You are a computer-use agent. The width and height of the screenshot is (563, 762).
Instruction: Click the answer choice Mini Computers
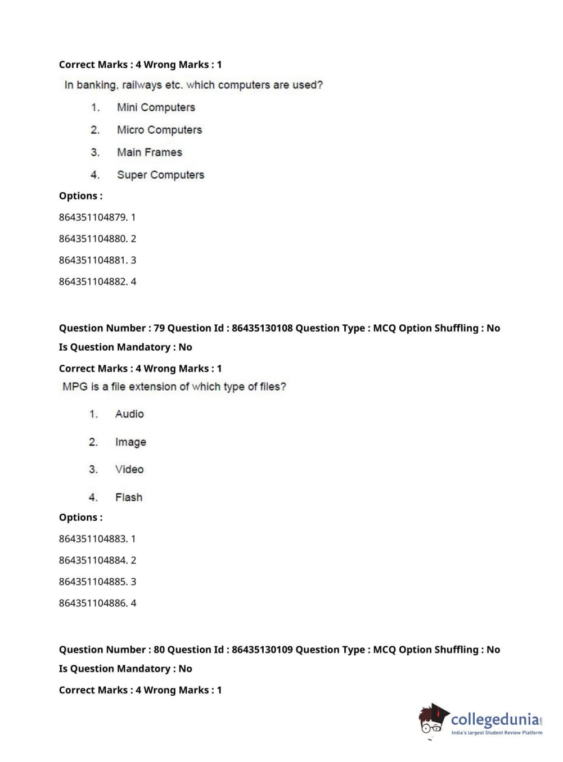point(156,107)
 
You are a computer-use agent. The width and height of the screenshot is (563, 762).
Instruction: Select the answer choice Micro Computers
point(159,130)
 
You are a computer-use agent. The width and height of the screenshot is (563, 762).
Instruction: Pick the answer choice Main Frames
point(150,152)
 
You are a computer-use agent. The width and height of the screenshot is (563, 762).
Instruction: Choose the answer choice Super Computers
point(160,175)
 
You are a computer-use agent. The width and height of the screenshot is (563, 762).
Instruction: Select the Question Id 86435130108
point(262,328)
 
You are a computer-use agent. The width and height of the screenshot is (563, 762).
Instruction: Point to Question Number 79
point(111,328)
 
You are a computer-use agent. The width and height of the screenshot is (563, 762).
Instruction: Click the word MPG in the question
point(75,387)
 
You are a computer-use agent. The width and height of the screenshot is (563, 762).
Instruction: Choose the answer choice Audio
point(129,414)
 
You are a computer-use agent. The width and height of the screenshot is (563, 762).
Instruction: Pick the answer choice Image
point(130,442)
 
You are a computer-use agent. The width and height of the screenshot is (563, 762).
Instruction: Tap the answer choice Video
point(129,469)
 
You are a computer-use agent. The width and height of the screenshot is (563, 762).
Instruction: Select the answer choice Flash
point(129,497)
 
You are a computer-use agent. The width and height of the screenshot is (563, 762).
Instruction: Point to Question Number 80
point(111,650)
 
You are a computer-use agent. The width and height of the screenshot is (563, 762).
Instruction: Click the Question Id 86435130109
point(262,650)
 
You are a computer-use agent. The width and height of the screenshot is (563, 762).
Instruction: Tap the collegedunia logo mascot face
point(432,721)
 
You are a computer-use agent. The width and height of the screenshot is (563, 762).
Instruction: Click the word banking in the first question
point(96,85)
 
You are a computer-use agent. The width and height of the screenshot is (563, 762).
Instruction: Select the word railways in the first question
point(142,85)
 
